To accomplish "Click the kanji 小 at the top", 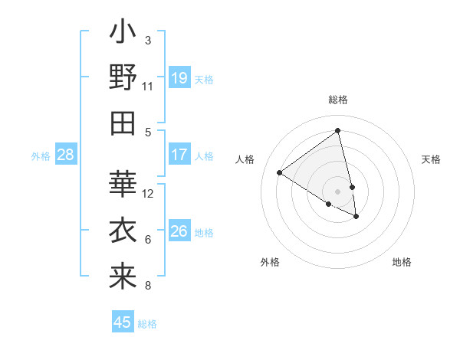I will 123,34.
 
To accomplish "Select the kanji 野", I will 123,80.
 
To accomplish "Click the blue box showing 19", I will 179,78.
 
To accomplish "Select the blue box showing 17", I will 179,155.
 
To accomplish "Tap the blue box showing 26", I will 179,231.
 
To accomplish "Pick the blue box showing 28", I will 66,155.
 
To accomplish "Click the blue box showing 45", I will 123,322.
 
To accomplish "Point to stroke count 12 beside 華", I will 149,194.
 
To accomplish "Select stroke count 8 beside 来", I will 148,286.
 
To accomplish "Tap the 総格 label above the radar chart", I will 338,100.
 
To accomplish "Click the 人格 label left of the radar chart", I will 245,159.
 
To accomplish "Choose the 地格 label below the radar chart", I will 402,262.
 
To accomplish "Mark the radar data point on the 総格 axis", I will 338,130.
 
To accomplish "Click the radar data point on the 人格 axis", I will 280,173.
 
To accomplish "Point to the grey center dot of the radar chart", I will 338,191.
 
